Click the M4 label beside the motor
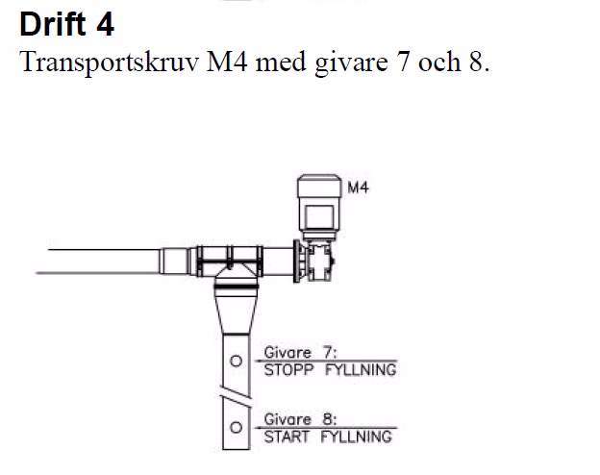click(358, 188)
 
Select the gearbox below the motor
click(318, 260)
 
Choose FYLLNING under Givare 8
click(355, 437)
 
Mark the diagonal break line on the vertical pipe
click(234, 395)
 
